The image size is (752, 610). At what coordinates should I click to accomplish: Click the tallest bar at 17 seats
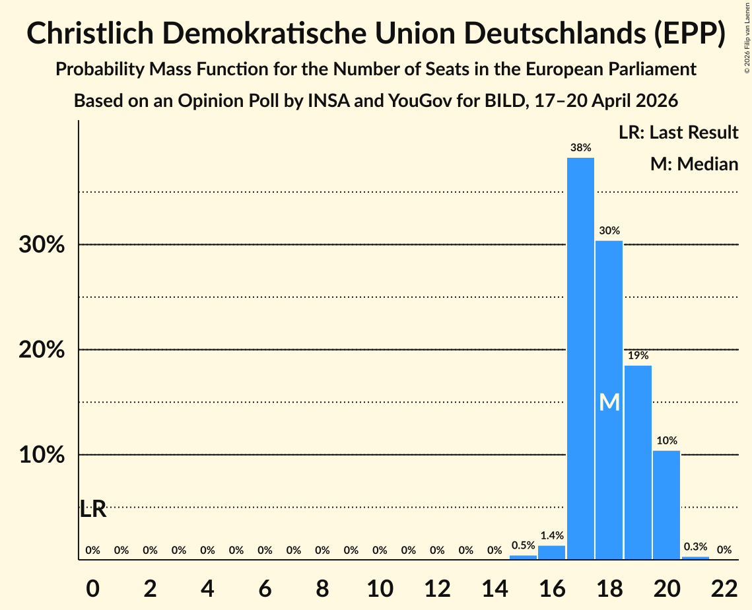pos(580,358)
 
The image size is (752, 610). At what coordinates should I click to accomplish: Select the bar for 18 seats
pos(609,400)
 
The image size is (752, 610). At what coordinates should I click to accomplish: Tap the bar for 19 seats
pos(638,462)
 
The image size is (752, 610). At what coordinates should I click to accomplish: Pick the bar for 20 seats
pos(667,505)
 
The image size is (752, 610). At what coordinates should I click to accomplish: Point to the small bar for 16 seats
pos(551,553)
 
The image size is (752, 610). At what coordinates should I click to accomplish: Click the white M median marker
pos(609,402)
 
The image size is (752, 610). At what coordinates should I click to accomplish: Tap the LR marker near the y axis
pos(92,509)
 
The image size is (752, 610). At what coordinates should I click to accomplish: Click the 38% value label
pos(580,148)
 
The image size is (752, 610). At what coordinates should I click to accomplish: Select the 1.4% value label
pos(552,535)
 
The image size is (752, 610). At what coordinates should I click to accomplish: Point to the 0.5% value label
pos(524,545)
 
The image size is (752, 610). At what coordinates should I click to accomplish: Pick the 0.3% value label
pos(695,547)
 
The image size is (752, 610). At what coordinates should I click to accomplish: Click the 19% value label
pos(638,355)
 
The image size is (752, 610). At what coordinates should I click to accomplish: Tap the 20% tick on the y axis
pos(42,350)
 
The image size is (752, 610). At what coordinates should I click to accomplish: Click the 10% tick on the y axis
pos(42,455)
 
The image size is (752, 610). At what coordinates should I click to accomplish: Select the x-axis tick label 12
pos(437,588)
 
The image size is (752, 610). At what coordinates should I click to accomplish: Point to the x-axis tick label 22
pos(724,588)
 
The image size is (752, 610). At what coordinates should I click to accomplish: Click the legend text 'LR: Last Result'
pos(678,132)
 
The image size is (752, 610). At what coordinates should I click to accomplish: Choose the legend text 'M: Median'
pos(694,164)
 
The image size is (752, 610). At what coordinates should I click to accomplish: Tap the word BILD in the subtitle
pos(503,101)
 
